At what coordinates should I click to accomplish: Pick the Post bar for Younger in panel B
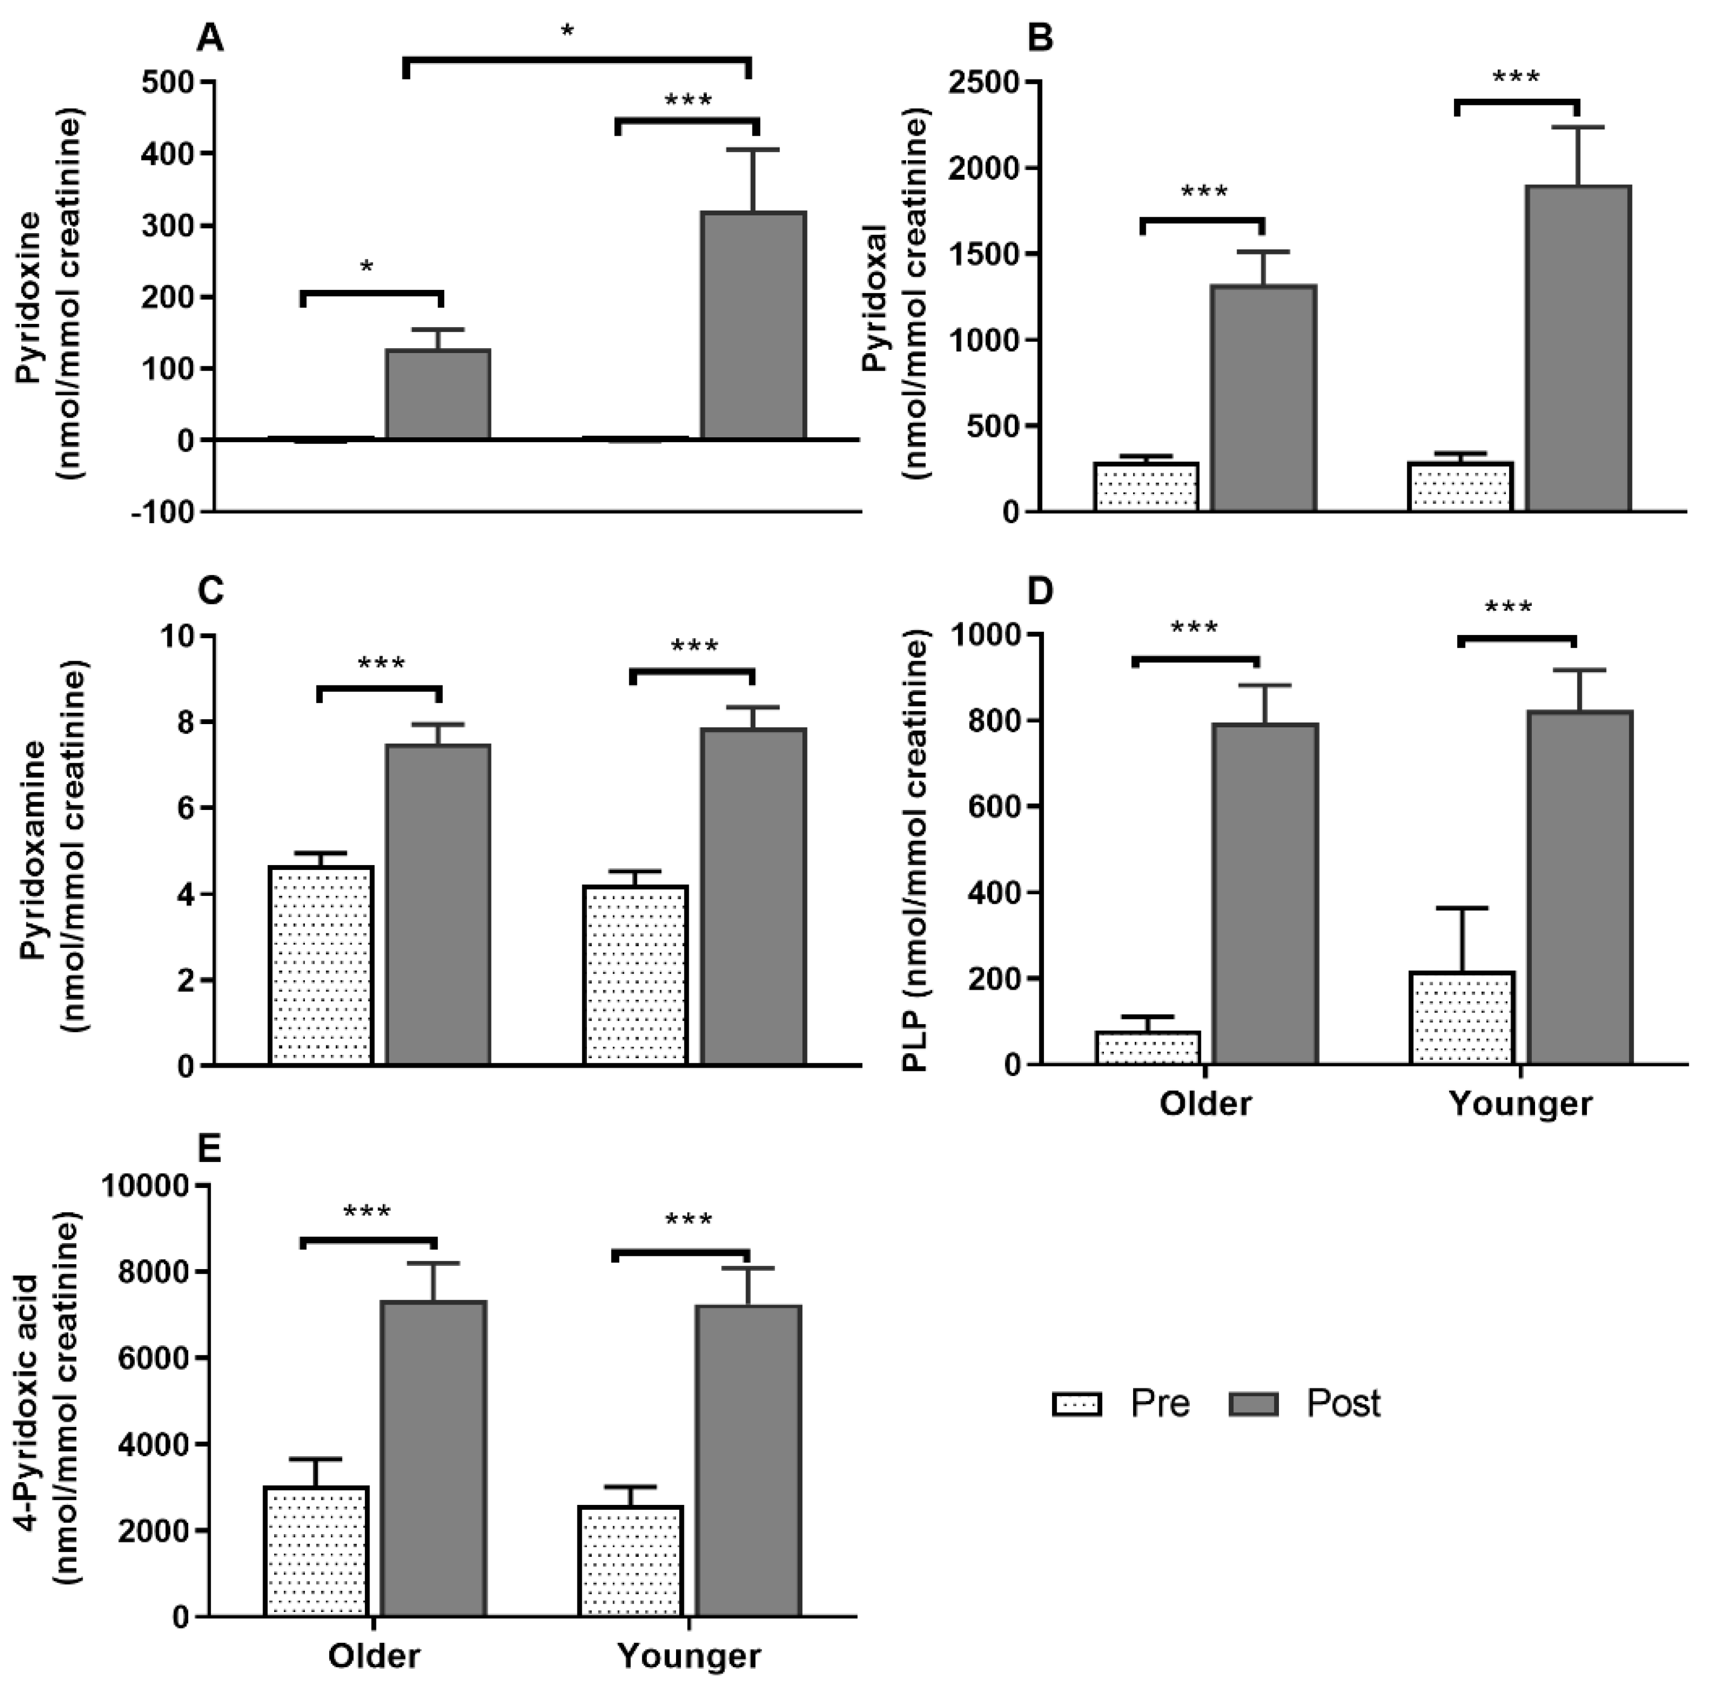coord(1579,348)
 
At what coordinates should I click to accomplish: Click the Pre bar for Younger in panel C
coord(635,975)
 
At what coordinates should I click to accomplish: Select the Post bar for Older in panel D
coord(1265,893)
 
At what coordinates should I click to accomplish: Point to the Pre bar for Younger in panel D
coord(1462,1018)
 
